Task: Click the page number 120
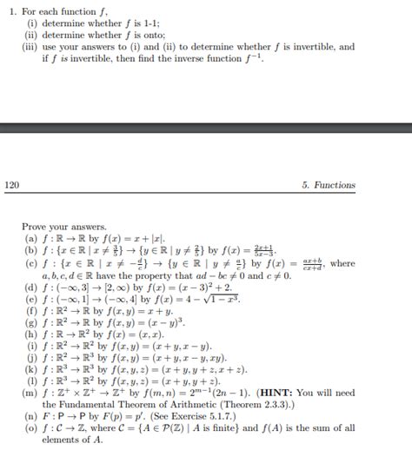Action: coord(12,185)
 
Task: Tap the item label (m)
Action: coord(31,392)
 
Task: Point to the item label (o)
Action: coord(31,428)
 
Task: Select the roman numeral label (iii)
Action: coord(30,46)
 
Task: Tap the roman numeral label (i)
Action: coord(31,22)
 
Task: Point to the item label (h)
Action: coord(31,333)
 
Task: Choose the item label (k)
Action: coord(31,368)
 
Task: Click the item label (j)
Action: coord(31,356)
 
